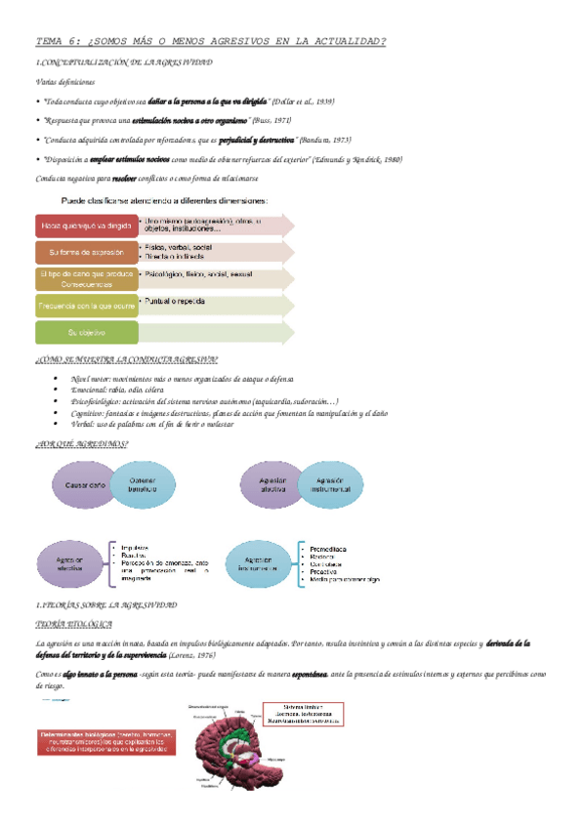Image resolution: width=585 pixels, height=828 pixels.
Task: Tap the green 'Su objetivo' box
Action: pyautogui.click(x=85, y=333)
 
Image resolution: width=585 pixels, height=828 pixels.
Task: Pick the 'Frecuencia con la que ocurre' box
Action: pyautogui.click(x=85, y=306)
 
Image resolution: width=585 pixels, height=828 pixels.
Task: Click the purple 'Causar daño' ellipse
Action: pyautogui.click(x=86, y=485)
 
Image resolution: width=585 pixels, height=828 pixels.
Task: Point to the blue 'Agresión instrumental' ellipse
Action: pyautogui.click(x=328, y=485)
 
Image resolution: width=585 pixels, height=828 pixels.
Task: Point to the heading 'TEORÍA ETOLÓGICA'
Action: pyautogui.click(x=73, y=623)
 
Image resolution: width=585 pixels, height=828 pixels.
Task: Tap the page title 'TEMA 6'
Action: pyautogui.click(x=210, y=41)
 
